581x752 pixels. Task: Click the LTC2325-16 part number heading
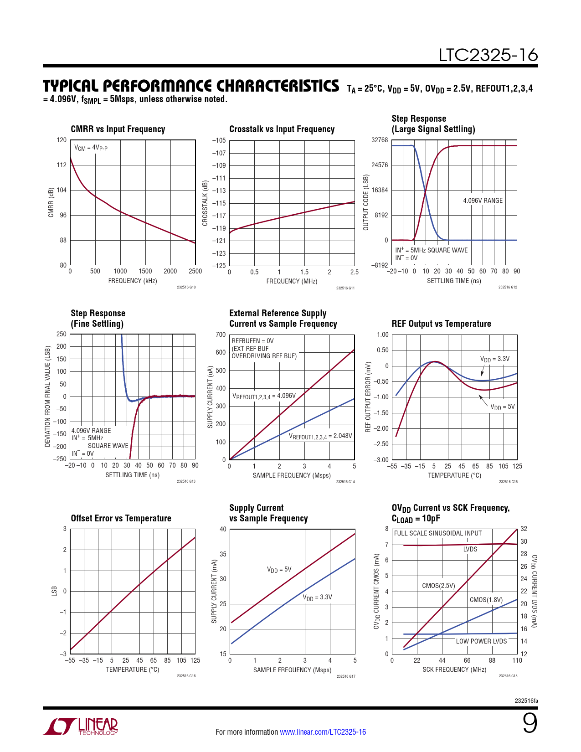point(488,55)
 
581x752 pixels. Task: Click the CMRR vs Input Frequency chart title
point(118,129)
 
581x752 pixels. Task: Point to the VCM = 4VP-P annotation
point(91,148)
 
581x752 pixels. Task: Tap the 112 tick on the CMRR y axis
point(62,165)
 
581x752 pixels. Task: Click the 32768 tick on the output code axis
point(380,140)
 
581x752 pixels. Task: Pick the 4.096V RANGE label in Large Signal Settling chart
point(483,201)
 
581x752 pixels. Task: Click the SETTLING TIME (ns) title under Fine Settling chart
point(132,475)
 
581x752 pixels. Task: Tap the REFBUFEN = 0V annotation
point(252,341)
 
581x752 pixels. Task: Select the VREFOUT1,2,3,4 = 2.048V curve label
point(320,436)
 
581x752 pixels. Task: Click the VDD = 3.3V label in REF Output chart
point(495,359)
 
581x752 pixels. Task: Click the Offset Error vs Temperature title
point(121,519)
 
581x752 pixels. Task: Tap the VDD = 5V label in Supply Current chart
point(279,570)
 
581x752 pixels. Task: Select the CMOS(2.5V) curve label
point(438,586)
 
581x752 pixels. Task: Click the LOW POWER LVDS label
point(481,641)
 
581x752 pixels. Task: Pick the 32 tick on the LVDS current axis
point(524,529)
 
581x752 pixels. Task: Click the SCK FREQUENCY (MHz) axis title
point(454,670)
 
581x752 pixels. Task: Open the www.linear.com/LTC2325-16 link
point(323,732)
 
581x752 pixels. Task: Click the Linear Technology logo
point(81,726)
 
